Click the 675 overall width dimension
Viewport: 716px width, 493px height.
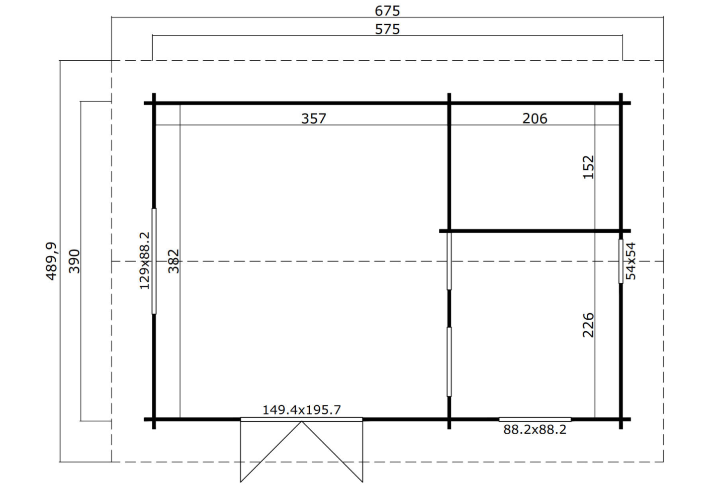pos(387,11)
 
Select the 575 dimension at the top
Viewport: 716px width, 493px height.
pos(387,29)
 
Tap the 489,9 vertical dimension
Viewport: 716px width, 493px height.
pos(51,261)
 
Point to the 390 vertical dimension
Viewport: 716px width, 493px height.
pos(74,261)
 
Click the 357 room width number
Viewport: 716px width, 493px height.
pos(314,119)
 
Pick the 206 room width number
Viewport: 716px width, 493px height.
pos(535,119)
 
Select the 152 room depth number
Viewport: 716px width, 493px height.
pos(588,167)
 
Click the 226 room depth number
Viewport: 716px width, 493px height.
pos(588,325)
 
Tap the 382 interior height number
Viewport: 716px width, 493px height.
pos(174,261)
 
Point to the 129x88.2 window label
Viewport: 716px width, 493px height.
pos(145,261)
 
